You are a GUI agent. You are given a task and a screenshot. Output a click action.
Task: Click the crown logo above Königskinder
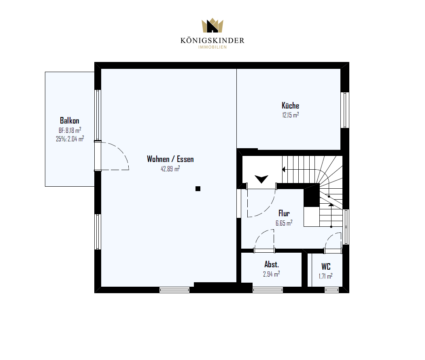pos(212,25)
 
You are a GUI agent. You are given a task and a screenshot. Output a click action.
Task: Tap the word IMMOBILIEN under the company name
pos(212,47)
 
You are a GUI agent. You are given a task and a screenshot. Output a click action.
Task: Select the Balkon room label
pos(70,120)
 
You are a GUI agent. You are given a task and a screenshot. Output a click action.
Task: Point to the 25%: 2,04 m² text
pos(70,139)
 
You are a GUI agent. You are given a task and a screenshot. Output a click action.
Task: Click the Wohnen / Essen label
pos(170,159)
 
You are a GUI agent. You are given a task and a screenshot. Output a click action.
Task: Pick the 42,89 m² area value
pos(170,168)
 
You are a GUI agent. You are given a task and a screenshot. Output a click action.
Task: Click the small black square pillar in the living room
pos(198,189)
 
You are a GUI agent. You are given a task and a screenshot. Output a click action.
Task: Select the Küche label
pos(290,105)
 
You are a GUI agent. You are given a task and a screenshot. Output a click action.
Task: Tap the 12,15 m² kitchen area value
pos(291,115)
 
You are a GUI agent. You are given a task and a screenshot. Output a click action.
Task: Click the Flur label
pos(284,213)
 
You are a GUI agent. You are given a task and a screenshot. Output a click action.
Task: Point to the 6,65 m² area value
pos(284,223)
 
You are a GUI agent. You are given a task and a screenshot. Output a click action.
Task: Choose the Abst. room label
pos(272,264)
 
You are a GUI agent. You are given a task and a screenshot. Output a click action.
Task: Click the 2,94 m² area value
pos(271,274)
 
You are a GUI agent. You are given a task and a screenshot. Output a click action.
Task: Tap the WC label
pos(326,266)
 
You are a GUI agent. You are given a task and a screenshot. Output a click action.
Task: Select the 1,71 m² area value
pos(325,276)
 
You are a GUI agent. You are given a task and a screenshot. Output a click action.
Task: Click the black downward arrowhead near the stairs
pos(261,179)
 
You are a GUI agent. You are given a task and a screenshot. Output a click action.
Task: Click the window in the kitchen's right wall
pos(345,110)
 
